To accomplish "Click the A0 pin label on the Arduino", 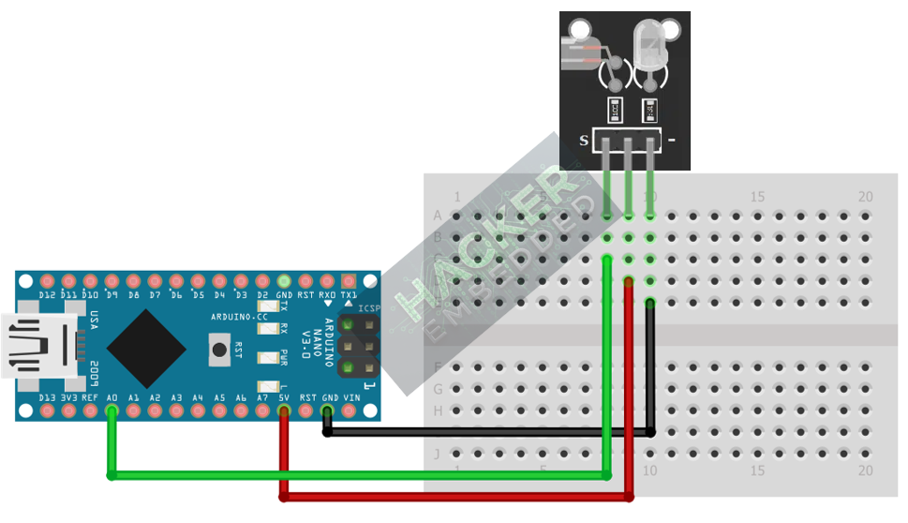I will pos(112,398).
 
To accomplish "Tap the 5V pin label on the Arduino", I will pos(285,398).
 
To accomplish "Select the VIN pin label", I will pos(351,398).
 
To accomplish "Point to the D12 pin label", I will pos(48,295).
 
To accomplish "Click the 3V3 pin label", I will pos(69,398).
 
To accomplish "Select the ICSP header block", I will pos(357,345).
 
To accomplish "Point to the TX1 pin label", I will pos(349,294).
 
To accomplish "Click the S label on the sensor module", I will pos(584,141).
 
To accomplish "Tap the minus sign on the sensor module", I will pos(671,141).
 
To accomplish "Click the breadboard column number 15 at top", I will pos(758,197).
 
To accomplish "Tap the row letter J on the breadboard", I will pos(438,455).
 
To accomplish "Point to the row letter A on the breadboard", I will pos(438,216).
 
